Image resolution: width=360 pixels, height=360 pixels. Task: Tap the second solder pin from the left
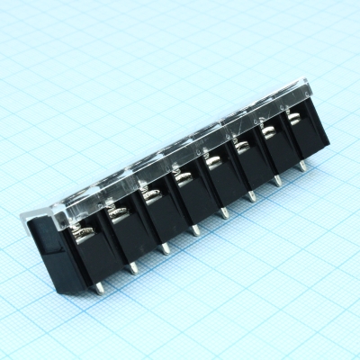pyautogui.click(x=133, y=265)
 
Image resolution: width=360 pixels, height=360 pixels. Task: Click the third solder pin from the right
pyautogui.click(x=251, y=195)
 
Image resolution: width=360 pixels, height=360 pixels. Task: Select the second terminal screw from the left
pyautogui.click(x=116, y=214)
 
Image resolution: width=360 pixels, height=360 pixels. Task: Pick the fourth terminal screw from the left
pyautogui.click(x=181, y=177)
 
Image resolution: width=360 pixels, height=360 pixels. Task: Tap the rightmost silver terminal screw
pyautogui.click(x=295, y=117)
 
